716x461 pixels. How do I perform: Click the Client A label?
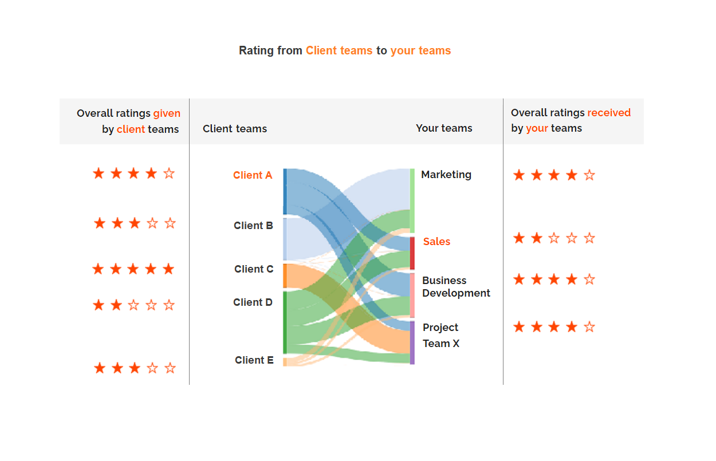click(x=253, y=175)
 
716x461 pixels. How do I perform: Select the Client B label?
click(x=253, y=226)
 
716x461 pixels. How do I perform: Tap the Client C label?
click(x=254, y=269)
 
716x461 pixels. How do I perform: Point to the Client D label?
click(x=253, y=302)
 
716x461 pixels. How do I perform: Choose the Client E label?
click(x=254, y=360)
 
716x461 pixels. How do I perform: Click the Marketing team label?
click(x=446, y=175)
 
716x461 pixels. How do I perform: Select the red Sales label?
click(x=436, y=242)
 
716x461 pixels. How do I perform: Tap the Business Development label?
click(x=456, y=286)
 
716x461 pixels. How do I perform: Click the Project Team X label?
click(x=441, y=336)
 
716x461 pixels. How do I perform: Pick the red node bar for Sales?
click(x=412, y=253)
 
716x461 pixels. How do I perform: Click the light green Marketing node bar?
click(x=412, y=200)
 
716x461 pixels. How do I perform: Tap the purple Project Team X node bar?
click(x=412, y=343)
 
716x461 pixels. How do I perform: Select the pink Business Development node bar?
click(x=412, y=295)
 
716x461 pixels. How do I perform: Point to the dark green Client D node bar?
click(x=285, y=322)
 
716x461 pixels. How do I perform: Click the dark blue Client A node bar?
click(x=285, y=191)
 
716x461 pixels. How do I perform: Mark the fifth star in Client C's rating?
click(x=168, y=269)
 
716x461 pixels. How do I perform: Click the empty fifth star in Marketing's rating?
click(x=589, y=175)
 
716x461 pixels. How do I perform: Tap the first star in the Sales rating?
click(x=519, y=238)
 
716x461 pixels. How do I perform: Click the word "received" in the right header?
click(x=609, y=113)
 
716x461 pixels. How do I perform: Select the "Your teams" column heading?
click(x=444, y=128)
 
